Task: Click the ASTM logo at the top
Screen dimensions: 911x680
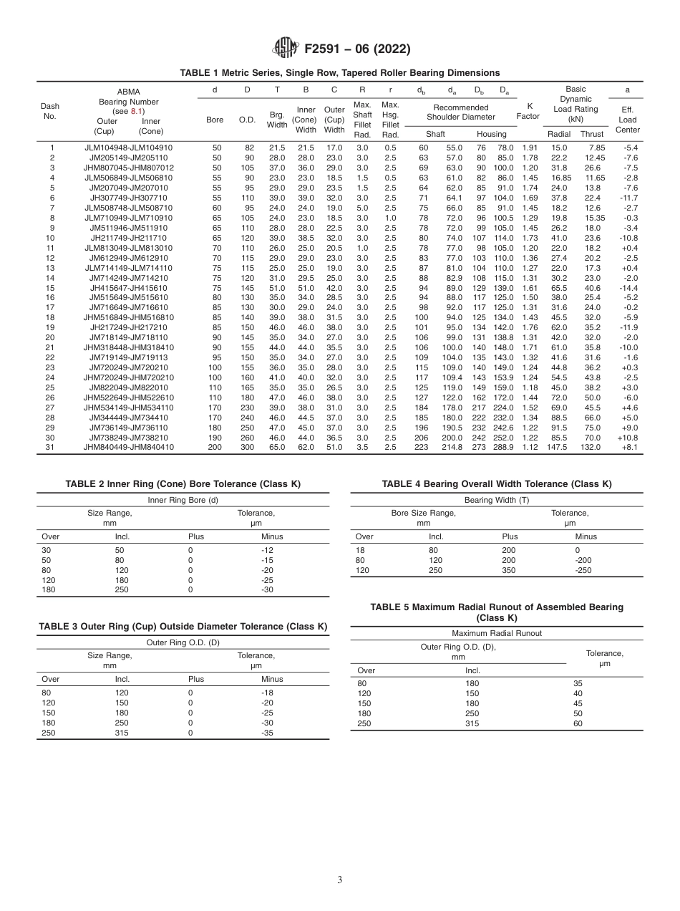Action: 286,49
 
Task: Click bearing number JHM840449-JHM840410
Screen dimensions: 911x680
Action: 128,448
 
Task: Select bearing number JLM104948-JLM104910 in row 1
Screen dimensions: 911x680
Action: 128,148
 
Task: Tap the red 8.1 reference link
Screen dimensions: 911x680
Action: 137,111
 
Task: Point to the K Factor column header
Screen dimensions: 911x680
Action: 529,111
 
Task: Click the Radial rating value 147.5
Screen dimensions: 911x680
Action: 557,448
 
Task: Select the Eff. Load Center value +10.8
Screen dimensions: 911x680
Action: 628,438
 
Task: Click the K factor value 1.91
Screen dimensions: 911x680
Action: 529,148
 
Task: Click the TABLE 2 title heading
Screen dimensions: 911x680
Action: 183,484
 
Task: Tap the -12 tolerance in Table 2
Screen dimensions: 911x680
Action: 268,550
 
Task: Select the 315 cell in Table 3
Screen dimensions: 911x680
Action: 122,733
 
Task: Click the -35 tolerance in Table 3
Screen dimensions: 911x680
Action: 268,733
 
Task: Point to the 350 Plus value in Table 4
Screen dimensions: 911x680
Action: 508,570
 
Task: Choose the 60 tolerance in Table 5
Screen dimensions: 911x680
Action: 578,723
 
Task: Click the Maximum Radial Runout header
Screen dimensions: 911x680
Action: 497,633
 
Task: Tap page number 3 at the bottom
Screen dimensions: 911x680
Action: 340,879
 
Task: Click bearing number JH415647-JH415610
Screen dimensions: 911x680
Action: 128,287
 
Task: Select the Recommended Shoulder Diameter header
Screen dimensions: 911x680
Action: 461,112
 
